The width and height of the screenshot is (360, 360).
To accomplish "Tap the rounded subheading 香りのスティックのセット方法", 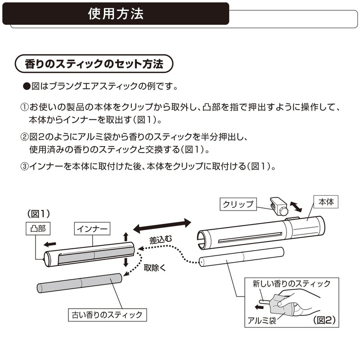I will point(94,64).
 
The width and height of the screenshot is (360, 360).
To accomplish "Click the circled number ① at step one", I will point(24,108).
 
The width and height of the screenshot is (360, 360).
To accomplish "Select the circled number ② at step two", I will point(24,137).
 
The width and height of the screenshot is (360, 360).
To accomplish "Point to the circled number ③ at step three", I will point(24,166).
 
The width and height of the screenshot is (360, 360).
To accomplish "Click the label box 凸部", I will point(37,229).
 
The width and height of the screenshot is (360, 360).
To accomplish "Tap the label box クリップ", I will point(238,204).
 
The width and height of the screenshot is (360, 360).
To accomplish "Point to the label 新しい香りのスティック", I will point(291,283).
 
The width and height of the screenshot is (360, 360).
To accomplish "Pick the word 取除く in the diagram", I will point(154,268).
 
